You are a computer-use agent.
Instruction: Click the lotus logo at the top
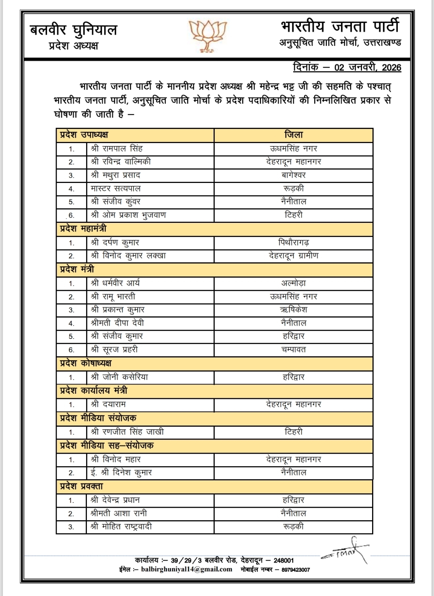click(x=208, y=35)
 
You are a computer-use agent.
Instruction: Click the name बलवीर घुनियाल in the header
click(x=74, y=30)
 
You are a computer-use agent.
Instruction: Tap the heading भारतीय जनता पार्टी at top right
click(x=340, y=27)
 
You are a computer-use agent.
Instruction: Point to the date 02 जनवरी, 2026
click(x=368, y=67)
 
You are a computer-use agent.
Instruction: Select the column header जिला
click(x=294, y=135)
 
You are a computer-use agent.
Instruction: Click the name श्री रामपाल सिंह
click(x=117, y=149)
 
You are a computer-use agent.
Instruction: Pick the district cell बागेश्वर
click(x=294, y=175)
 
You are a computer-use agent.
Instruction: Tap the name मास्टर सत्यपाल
click(x=116, y=189)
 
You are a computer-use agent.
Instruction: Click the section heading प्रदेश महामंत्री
click(x=83, y=229)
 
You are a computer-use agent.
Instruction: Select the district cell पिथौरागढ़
click(x=294, y=243)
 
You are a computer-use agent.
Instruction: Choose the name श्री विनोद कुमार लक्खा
click(x=129, y=255)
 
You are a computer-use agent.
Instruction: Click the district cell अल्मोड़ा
click(x=294, y=283)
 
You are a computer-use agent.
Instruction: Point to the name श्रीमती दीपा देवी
click(x=117, y=323)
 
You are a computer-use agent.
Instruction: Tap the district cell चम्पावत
click(x=294, y=349)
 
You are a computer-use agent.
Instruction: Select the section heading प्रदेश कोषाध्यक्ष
click(x=86, y=363)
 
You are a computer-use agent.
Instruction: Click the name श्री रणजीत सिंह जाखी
click(x=128, y=432)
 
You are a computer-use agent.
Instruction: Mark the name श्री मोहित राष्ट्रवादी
click(x=121, y=526)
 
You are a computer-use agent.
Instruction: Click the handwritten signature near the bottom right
click(x=346, y=551)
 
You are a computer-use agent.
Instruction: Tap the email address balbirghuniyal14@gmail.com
click(x=187, y=569)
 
